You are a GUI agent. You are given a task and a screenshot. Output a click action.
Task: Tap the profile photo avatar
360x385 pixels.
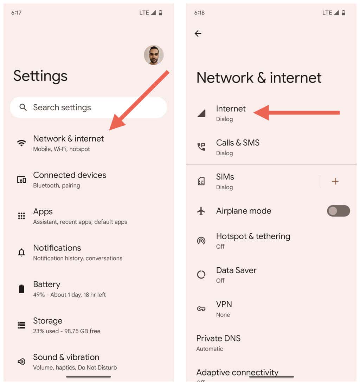154,55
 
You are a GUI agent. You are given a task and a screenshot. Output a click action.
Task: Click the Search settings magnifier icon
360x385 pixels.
23,107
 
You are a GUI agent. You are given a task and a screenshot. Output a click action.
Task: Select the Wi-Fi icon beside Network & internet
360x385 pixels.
21,143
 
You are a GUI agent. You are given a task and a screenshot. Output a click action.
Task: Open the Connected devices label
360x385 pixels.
70,175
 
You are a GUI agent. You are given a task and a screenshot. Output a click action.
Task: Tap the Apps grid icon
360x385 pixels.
21,216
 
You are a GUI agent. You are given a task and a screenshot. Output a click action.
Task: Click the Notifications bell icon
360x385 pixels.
21,252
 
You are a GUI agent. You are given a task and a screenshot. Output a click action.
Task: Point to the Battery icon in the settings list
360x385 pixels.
21,289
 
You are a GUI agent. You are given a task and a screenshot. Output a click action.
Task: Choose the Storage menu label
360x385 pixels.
47,321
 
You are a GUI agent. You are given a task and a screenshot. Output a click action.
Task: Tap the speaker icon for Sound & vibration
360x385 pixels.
21,361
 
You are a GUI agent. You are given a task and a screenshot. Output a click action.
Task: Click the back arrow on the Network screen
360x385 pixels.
198,33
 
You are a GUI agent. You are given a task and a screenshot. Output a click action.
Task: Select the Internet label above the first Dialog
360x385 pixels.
231,109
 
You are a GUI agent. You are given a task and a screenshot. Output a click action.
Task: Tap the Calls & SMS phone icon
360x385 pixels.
201,147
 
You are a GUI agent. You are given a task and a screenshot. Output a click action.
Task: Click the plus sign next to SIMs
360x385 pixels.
335,181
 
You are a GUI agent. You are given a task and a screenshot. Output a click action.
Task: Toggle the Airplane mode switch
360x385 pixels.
338,211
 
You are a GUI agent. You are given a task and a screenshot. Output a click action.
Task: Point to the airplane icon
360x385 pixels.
201,211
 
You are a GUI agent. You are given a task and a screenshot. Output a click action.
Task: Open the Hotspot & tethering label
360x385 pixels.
253,236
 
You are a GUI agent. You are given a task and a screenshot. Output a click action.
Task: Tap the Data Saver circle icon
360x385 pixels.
201,274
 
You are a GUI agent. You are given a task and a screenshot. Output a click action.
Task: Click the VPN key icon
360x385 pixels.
201,309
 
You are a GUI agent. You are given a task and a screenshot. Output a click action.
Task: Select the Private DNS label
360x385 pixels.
218,339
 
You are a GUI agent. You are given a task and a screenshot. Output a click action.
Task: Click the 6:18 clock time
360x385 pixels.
199,13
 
